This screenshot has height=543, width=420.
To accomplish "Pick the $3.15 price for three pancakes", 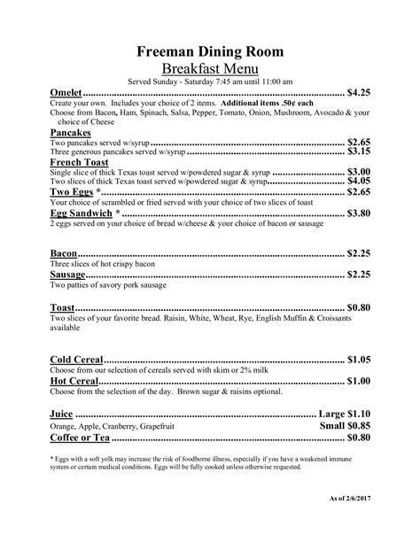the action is point(358,151).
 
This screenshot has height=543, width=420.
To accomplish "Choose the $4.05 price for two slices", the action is point(358,181).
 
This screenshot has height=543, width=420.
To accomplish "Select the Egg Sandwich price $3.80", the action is point(358,213).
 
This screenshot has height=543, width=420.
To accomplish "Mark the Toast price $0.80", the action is point(358,307).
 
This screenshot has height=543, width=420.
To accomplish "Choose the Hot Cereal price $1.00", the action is point(358,381).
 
